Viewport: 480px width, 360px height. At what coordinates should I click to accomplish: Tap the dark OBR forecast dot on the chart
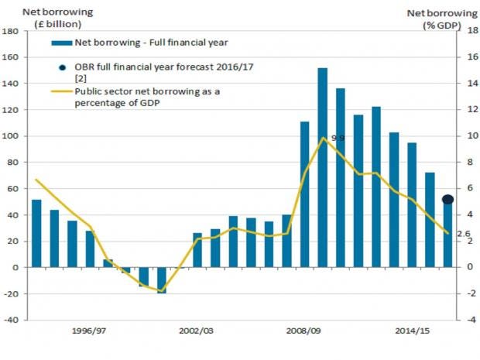coord(448,200)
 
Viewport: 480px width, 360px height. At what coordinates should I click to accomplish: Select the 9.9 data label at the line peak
coord(337,138)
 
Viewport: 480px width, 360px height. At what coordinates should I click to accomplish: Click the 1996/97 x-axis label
coord(89,330)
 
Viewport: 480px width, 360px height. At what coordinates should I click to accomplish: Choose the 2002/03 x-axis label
coord(197,330)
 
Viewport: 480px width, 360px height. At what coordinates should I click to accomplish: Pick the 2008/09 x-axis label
coord(304,330)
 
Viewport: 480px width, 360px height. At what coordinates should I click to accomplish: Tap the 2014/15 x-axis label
coord(412,330)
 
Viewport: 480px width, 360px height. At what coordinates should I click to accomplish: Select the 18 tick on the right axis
coord(470,32)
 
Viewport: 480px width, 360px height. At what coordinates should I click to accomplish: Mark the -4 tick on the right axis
coord(470,320)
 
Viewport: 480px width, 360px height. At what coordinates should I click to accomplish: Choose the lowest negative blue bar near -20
coord(162,280)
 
